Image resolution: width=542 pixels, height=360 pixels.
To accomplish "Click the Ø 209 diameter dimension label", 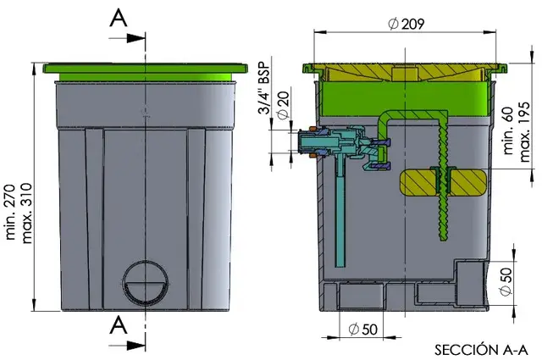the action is tap(406, 24).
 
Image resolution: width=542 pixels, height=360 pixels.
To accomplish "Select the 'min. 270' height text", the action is tap(10, 213).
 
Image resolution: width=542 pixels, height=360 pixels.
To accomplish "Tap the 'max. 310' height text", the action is tap(26, 213).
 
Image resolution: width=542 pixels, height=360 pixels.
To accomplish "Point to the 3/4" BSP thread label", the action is tap(263, 88).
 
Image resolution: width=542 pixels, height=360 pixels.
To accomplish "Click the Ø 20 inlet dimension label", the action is tap(283, 106).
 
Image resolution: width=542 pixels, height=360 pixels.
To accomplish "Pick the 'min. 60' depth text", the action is tap(508, 132).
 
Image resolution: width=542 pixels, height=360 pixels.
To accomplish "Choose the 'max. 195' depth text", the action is tap(524, 132).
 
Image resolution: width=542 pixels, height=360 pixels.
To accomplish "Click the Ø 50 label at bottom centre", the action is tap(363, 330).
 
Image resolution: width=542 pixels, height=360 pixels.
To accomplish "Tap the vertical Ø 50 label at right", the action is tap(506, 282).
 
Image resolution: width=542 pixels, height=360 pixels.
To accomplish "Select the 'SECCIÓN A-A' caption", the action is tap(482, 350).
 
